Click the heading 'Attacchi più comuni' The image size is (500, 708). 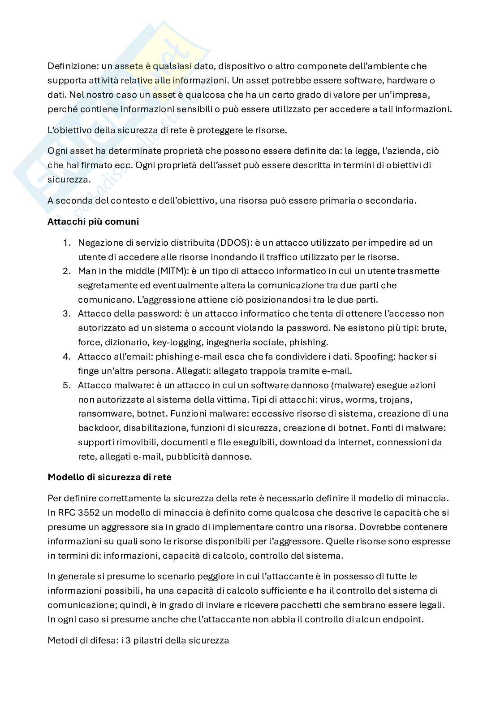[x=93, y=222]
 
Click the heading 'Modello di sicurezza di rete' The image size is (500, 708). [x=109, y=477]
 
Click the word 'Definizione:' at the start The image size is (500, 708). [x=73, y=66]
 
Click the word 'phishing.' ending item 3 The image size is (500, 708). [x=309, y=342]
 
